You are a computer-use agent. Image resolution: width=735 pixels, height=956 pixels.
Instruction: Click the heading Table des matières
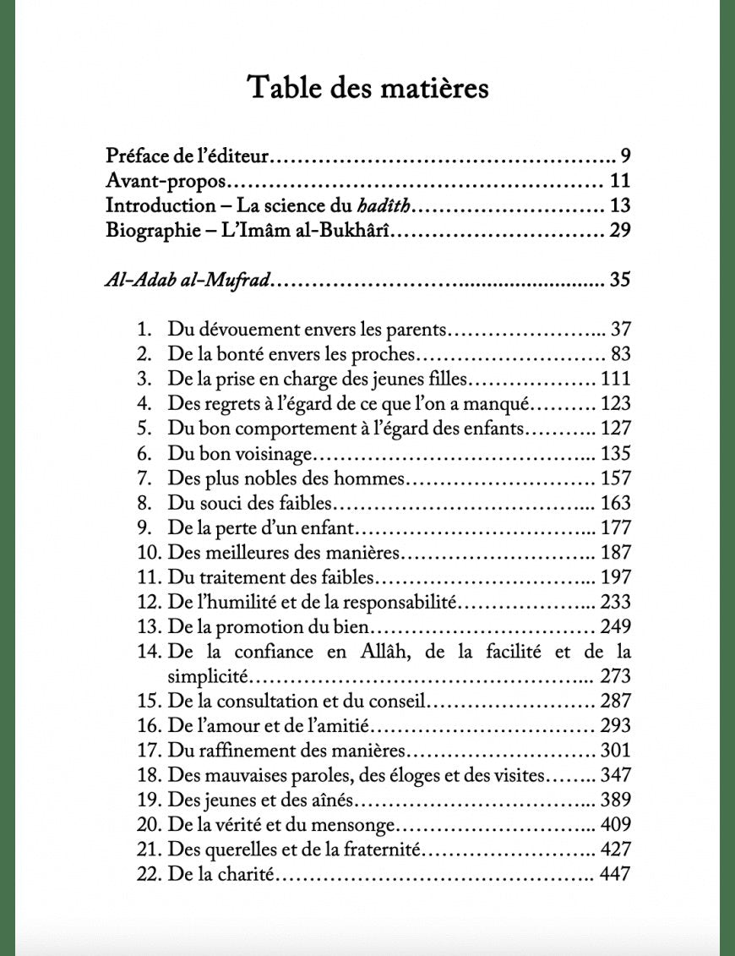point(367,88)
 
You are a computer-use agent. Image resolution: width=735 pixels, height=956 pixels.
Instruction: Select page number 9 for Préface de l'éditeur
point(625,156)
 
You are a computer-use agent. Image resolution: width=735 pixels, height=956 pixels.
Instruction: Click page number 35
point(620,280)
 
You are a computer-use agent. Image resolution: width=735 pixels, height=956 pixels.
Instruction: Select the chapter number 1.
point(143,329)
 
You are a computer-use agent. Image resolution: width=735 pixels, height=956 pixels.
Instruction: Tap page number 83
point(620,353)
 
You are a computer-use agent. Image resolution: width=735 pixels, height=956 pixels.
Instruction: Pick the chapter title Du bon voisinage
point(241,453)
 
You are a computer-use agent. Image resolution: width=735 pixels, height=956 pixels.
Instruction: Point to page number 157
point(615,478)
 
